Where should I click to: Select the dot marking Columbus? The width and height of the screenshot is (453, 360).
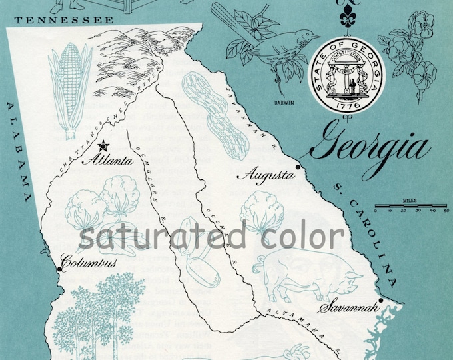60,269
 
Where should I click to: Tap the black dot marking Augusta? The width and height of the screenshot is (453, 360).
298,167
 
